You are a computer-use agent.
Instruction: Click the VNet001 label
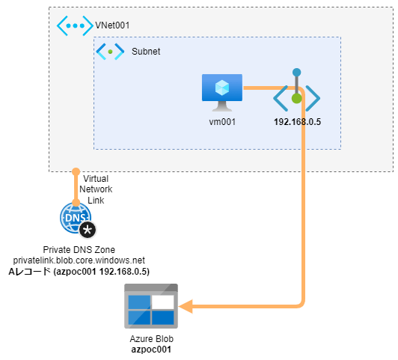tap(112, 25)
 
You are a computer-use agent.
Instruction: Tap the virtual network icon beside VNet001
tap(75, 25)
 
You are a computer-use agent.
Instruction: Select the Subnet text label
tap(146, 52)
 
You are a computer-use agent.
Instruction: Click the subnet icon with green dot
tap(110, 52)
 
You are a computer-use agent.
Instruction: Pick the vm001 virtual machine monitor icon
tap(222, 93)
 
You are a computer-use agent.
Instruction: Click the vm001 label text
tap(222, 122)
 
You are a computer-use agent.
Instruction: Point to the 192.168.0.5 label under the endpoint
tap(297, 122)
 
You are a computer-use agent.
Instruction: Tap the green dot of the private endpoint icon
tap(296, 99)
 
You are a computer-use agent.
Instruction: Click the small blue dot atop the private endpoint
tap(296, 73)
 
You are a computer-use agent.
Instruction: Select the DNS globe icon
tap(76, 218)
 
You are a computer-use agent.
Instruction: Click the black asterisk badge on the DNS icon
tap(88, 230)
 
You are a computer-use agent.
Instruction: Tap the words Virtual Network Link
tap(96, 189)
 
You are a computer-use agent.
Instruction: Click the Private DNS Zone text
tap(79, 250)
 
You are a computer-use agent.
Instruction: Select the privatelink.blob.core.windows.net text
tap(79, 260)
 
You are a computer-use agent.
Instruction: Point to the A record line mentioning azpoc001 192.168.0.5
tap(79, 272)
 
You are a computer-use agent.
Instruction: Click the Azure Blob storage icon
tap(151, 306)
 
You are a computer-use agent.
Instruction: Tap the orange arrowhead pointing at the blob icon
tap(186, 306)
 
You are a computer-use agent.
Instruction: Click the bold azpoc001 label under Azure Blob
tap(151, 350)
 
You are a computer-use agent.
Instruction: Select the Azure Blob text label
tap(152, 339)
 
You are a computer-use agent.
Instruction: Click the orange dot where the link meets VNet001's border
tap(76, 172)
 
